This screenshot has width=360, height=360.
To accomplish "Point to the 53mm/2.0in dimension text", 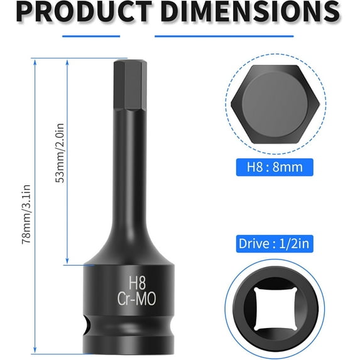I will click(61, 160).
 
